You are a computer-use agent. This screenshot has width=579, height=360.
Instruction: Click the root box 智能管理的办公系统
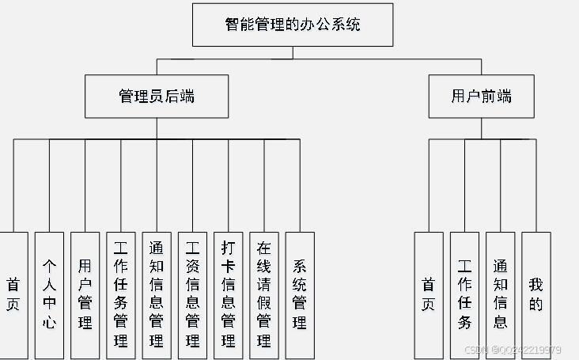(x=293, y=25)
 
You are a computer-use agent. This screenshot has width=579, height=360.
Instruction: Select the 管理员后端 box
(x=157, y=97)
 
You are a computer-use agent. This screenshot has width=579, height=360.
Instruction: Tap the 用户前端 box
(x=481, y=97)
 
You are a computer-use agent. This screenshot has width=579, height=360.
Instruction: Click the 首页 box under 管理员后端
(x=13, y=294)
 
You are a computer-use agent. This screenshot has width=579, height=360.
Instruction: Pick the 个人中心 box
(x=49, y=294)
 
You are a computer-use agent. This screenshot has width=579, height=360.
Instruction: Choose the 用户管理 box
(x=85, y=294)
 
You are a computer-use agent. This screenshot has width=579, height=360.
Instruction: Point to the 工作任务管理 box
(x=121, y=294)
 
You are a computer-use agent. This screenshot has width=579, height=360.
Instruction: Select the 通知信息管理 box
(x=157, y=294)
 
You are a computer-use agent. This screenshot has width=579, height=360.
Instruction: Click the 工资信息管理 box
(x=192, y=294)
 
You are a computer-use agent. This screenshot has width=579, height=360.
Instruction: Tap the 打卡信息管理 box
(x=229, y=294)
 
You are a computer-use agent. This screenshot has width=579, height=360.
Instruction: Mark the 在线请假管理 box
(x=264, y=294)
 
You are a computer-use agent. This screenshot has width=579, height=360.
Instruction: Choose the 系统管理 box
(x=300, y=294)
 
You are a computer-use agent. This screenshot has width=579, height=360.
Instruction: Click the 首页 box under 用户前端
(x=429, y=294)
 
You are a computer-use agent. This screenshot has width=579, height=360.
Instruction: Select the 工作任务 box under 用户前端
(x=464, y=294)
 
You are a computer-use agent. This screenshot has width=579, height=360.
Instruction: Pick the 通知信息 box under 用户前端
(x=500, y=294)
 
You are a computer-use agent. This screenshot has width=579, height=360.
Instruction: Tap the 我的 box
(x=536, y=294)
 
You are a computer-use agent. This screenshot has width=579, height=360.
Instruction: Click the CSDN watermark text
(x=513, y=350)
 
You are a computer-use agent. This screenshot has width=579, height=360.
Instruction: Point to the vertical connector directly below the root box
(x=293, y=52)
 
